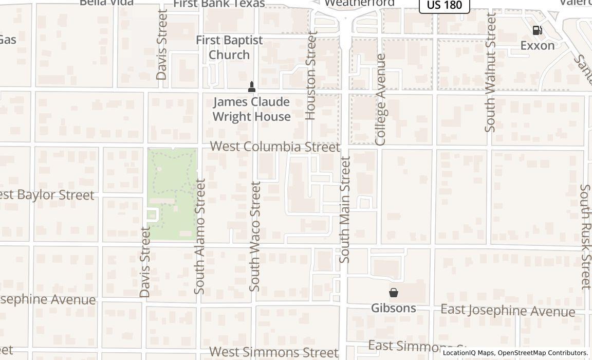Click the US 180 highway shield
[444, 5]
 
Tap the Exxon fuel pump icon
[537, 30]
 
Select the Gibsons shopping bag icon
[394, 293]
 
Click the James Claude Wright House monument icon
[251, 86]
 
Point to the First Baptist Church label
[229, 47]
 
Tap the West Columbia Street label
[275, 147]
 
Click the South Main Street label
[345, 210]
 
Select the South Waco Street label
[255, 236]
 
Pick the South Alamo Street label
[200, 236]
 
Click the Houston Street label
[311, 76]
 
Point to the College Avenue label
[380, 99]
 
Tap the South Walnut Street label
[490, 73]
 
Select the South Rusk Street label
[585, 237]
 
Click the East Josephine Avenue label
[508, 311]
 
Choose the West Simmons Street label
[274, 352]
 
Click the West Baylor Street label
[47, 195]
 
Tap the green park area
[172, 193]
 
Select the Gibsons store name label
[394, 308]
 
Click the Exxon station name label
[538, 45]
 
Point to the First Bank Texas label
[219, 4]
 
